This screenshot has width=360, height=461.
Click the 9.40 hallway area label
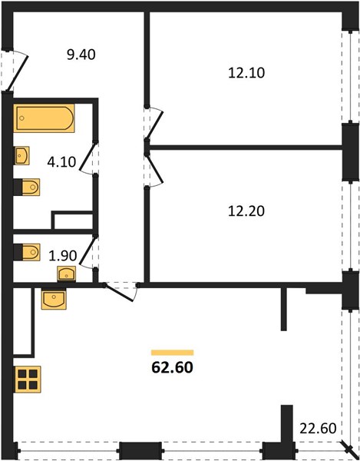(x=81, y=55)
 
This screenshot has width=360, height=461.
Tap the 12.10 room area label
(x=246, y=73)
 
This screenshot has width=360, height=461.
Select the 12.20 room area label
(x=246, y=211)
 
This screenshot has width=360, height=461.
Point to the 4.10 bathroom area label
(x=61, y=161)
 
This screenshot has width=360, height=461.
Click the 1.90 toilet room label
(x=63, y=256)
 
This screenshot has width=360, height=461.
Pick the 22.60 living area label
(x=318, y=429)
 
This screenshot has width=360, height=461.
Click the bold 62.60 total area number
(x=173, y=367)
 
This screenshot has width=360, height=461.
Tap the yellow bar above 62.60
(x=173, y=353)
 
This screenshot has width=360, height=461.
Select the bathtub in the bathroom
(x=44, y=118)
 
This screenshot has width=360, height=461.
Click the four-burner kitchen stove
(x=28, y=380)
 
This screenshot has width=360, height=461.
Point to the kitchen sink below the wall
(x=54, y=299)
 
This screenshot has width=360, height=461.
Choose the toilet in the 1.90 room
(x=27, y=252)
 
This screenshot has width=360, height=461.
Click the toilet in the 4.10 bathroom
(x=27, y=187)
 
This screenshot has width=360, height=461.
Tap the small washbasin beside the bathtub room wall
(x=21, y=155)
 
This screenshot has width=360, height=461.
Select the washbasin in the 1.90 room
(x=66, y=274)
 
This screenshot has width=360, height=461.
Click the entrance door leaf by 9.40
(x=18, y=73)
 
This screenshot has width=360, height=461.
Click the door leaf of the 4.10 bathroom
(x=88, y=157)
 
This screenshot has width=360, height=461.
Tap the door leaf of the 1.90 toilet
(x=88, y=249)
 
